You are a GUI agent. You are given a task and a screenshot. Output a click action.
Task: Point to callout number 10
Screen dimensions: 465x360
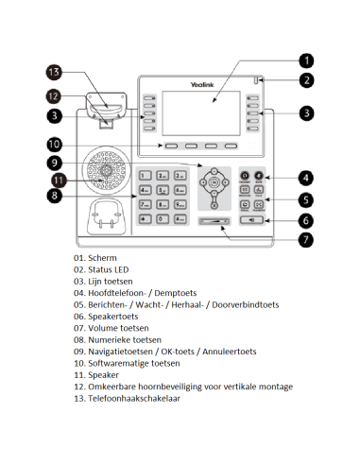point(54,145)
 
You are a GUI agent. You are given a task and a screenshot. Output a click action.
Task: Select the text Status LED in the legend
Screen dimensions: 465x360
point(111,269)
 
